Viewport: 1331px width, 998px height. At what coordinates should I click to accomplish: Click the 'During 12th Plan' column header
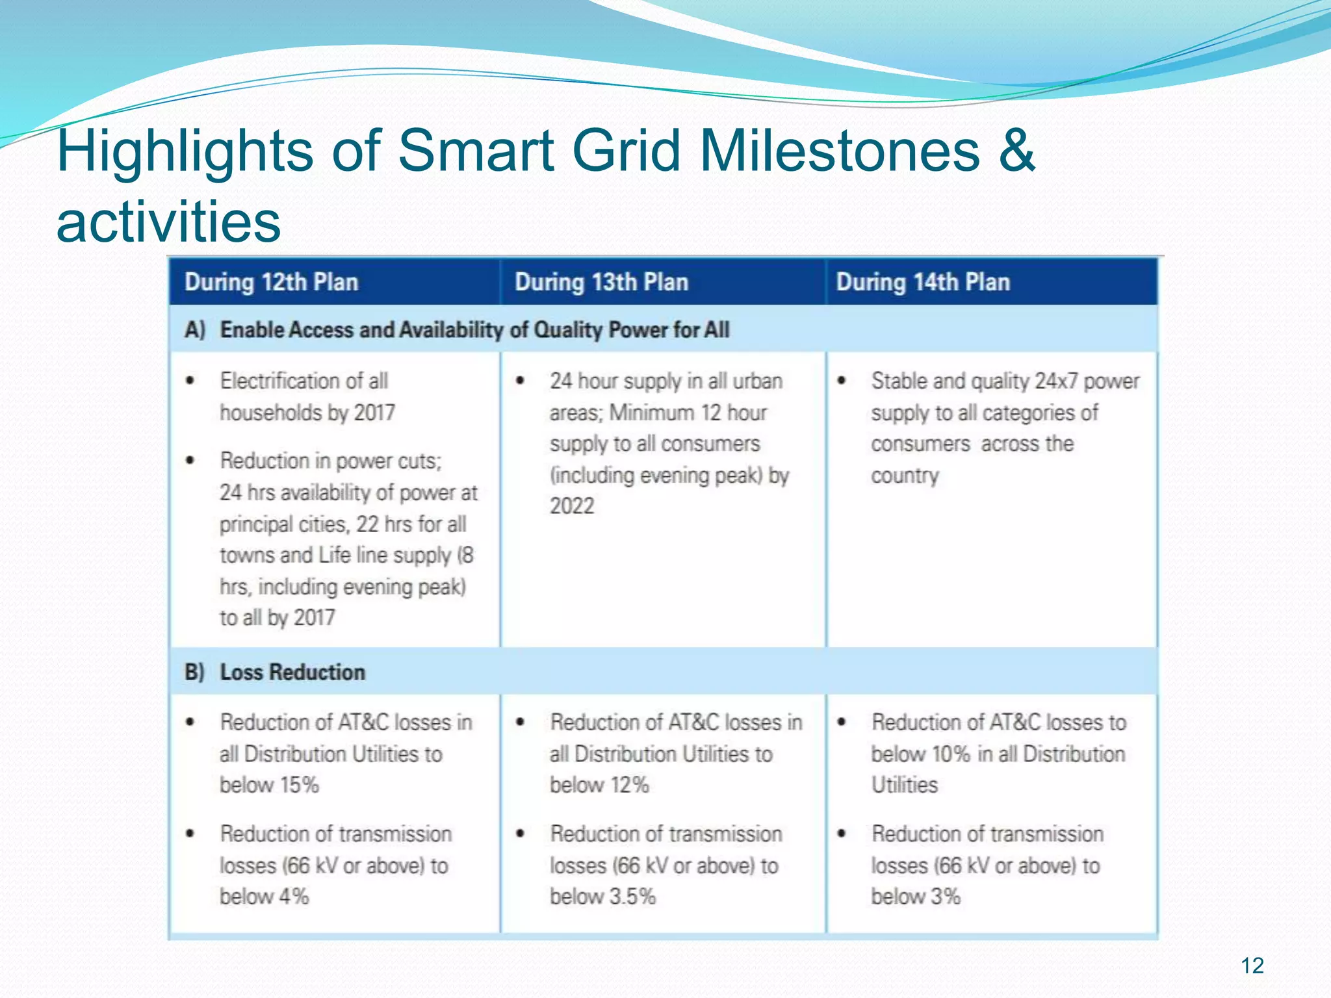click(271, 283)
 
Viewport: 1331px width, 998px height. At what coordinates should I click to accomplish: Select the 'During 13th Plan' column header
click(601, 283)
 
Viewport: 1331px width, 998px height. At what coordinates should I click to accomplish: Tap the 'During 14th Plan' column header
click(923, 283)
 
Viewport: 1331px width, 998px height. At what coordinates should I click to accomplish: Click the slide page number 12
click(1252, 966)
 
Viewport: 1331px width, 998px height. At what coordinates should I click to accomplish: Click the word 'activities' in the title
click(169, 222)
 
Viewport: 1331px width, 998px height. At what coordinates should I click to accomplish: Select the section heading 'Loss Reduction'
click(292, 672)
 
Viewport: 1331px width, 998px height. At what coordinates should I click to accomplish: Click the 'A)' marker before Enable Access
click(195, 330)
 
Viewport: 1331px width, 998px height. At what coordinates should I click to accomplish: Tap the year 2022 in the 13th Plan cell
click(572, 506)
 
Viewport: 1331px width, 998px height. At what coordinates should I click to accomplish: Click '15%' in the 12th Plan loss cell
click(300, 785)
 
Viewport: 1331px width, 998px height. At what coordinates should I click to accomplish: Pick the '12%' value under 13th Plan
click(630, 785)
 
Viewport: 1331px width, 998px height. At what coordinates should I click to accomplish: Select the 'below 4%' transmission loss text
click(264, 897)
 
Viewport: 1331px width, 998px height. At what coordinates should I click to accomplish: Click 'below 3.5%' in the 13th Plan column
click(602, 897)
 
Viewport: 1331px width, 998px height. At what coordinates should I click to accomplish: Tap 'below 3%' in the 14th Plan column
click(915, 897)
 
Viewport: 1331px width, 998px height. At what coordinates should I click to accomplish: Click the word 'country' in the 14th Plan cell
click(905, 476)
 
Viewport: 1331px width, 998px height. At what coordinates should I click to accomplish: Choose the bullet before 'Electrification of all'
click(190, 381)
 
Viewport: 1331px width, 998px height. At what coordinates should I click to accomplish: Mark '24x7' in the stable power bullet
click(1057, 381)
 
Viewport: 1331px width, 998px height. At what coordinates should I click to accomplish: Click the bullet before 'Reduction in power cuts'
click(190, 461)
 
